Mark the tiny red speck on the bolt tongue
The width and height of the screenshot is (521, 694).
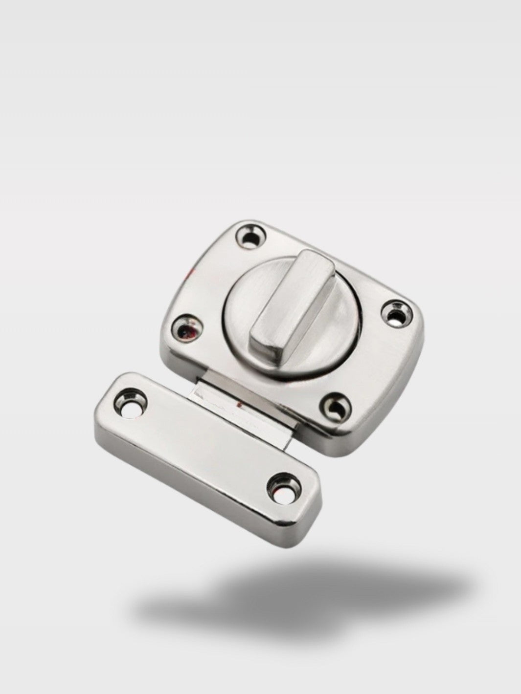coord(240,405)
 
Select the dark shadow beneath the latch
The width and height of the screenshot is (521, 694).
coord(303,591)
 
